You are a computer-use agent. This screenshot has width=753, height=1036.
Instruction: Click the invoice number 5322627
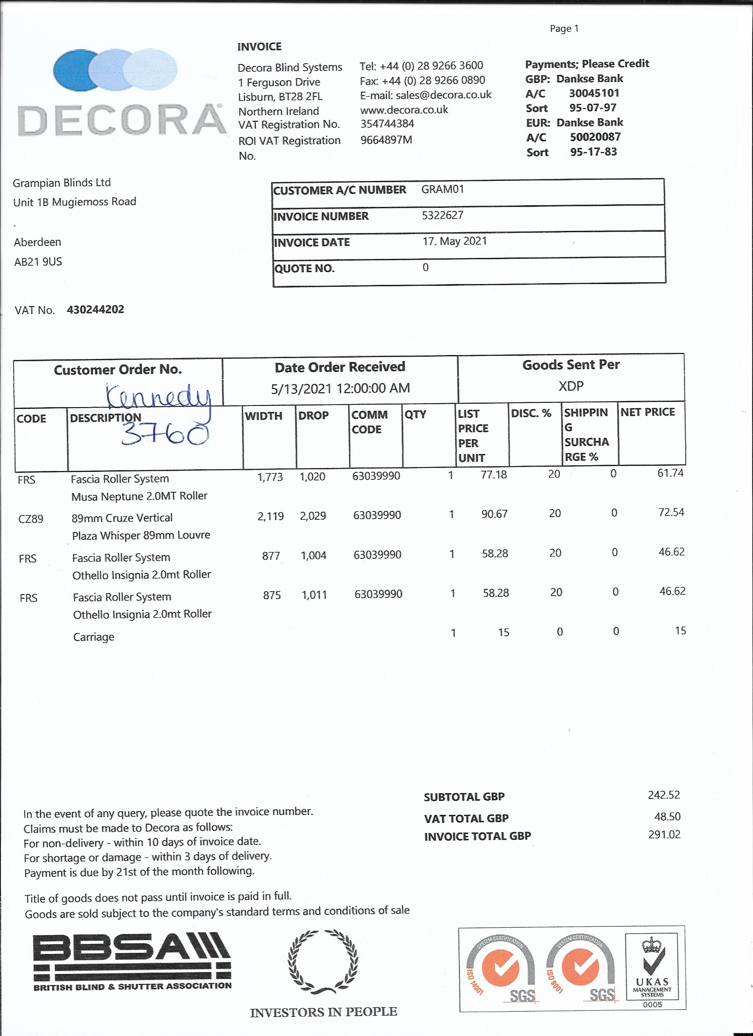tap(442, 215)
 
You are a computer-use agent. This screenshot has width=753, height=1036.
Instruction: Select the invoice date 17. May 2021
tap(454, 241)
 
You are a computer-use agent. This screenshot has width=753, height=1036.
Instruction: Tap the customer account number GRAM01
tap(442, 189)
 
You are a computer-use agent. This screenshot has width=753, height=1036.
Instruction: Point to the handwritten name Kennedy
tap(158, 396)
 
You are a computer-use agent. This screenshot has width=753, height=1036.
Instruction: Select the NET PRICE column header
tap(647, 412)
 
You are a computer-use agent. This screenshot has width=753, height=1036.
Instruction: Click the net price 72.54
tap(671, 513)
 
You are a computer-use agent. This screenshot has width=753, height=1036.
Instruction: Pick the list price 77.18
tap(493, 475)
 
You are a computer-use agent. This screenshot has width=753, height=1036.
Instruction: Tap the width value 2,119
tap(270, 516)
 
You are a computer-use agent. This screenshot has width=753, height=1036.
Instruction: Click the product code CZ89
tap(31, 519)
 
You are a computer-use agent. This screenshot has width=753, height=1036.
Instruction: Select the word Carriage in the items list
tap(93, 637)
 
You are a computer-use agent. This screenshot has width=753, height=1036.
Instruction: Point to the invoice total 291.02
tap(664, 834)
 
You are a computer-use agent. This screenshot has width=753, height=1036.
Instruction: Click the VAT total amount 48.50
tap(667, 816)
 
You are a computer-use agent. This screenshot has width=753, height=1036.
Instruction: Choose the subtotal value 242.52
tap(664, 795)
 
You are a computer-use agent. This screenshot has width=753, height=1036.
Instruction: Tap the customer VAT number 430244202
tap(95, 310)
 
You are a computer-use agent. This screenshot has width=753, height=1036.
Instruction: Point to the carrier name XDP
tap(571, 386)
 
